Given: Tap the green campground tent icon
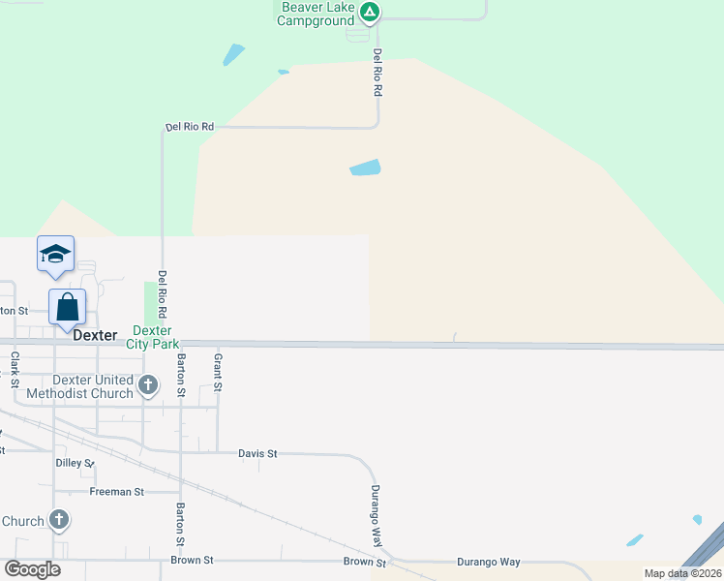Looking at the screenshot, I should click(x=369, y=13).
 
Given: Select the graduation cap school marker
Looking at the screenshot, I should click(x=55, y=255).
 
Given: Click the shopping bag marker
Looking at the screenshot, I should click(x=68, y=308).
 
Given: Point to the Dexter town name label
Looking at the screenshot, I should click(x=95, y=336).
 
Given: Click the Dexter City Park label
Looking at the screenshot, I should click(x=152, y=337).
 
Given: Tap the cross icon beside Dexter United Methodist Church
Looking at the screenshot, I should click(x=148, y=386).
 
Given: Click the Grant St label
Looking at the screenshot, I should click(x=218, y=373).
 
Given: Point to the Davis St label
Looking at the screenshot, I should click(x=257, y=453).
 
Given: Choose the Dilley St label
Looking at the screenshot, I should click(x=75, y=463).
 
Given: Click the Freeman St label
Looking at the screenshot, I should click(x=116, y=492).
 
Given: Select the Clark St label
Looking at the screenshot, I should click(x=15, y=369).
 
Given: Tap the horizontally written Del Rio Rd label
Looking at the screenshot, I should click(x=189, y=127).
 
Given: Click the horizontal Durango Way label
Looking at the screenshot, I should click(x=489, y=562).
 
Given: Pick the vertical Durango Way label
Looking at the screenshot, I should click(x=376, y=514).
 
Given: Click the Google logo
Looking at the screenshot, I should click(x=32, y=568).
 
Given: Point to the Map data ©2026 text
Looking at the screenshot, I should click(x=681, y=573).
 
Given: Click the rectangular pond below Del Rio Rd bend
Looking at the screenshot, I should click(x=365, y=168).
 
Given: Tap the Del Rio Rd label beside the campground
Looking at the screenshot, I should click(x=377, y=73).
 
